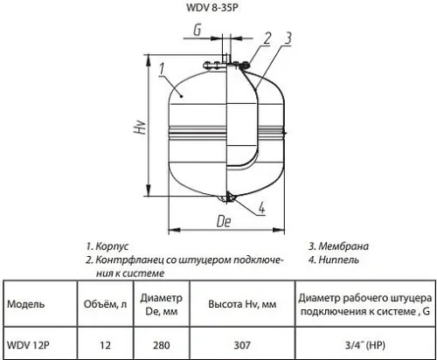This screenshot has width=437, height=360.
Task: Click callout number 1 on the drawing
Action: (163, 67)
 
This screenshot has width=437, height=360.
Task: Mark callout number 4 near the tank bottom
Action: (263, 208)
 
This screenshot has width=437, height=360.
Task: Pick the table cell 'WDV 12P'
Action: (27, 344)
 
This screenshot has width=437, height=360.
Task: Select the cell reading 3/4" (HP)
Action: (362, 344)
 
